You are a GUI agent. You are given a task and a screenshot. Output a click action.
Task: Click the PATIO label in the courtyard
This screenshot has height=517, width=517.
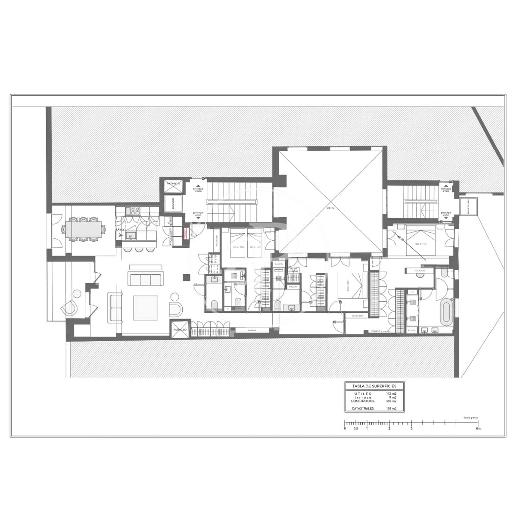pos(330,208)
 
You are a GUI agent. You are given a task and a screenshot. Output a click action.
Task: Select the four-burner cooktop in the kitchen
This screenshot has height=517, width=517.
pos(134,211)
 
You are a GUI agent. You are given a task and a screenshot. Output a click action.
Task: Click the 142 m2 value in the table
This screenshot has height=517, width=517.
pos(391,394)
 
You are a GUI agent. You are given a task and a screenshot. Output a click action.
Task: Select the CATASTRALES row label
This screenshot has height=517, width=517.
pos(362,408)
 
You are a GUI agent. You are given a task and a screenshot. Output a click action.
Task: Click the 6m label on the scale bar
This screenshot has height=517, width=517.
pos(478,429)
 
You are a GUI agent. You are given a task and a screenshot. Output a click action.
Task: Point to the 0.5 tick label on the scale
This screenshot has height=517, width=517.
pos(355,429)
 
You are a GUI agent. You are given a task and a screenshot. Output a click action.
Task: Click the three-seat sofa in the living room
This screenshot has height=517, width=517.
pos(145,279)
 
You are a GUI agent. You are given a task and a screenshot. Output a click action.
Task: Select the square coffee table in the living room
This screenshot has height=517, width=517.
pos(146,308)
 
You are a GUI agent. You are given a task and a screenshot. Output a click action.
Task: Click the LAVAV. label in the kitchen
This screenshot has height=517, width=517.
pos(120,230)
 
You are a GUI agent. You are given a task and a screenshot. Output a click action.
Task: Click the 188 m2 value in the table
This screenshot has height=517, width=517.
pos(391,408)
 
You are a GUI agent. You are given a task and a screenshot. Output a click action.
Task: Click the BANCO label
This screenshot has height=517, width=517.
pos(278,264)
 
